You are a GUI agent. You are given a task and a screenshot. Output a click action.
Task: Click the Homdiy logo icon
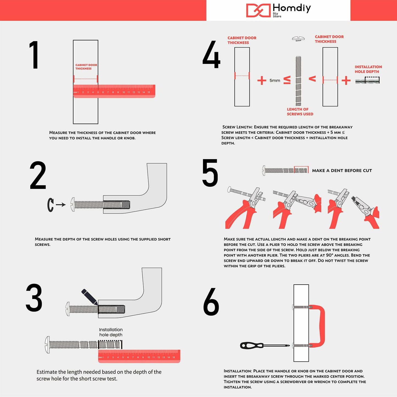tap(258, 10)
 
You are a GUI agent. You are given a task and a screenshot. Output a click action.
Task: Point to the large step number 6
tap(211, 302)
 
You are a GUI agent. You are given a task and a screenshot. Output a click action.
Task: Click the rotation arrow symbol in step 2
tap(50, 205)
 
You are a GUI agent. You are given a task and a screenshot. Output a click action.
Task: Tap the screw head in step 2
tap(73, 204)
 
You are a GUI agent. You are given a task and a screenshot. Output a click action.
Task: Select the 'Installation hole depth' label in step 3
tap(111, 332)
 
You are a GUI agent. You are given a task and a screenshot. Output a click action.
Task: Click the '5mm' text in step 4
tap(275, 80)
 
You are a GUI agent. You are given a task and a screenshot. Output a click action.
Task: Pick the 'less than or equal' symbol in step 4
tap(287, 80)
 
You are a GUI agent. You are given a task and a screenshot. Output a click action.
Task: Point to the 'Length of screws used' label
tap(300, 112)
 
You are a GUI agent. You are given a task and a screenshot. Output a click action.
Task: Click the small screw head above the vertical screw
tap(298, 38)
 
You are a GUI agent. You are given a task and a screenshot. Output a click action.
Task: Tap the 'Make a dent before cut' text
tap(342, 171)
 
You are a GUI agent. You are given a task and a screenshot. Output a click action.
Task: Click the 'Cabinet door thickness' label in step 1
tap(86, 67)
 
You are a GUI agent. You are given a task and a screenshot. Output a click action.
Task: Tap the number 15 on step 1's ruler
tap(149, 92)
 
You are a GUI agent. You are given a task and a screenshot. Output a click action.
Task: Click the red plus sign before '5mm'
tap(262, 80)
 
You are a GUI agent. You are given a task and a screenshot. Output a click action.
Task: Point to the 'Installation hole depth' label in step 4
tap(368, 69)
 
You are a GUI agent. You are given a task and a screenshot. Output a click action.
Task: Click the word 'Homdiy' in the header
tap(292, 9)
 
